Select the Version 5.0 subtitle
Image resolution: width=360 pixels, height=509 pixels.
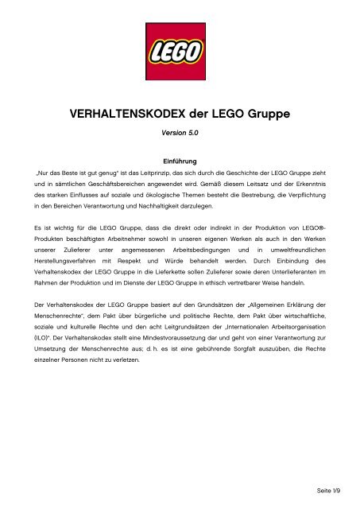point(180,137)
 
